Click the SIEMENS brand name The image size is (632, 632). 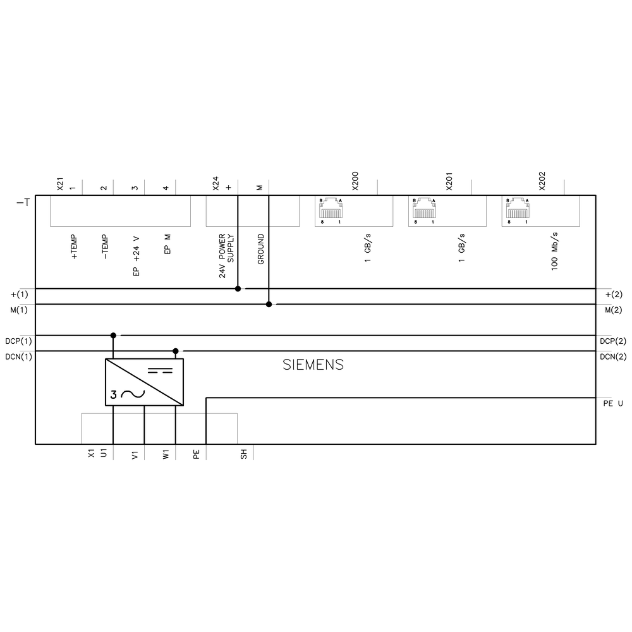pos(313,365)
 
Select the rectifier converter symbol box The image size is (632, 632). pos(143,382)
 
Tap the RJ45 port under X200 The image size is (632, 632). pos(331,210)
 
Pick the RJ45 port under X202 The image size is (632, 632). pos(516,210)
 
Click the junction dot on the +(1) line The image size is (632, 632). pos(238,289)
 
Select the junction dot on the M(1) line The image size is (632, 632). pos(269,305)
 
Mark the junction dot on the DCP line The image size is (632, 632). pos(113,336)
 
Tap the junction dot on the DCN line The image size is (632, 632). pos(176,351)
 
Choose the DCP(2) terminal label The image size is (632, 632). pos(612,341)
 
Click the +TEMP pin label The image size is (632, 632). pos(74,248)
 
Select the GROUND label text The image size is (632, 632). pos(261,249)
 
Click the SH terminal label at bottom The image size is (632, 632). pos(243,453)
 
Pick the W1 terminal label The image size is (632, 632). pos(166,454)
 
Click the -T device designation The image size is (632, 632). pos(22,203)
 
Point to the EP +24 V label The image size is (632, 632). pos(135,256)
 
